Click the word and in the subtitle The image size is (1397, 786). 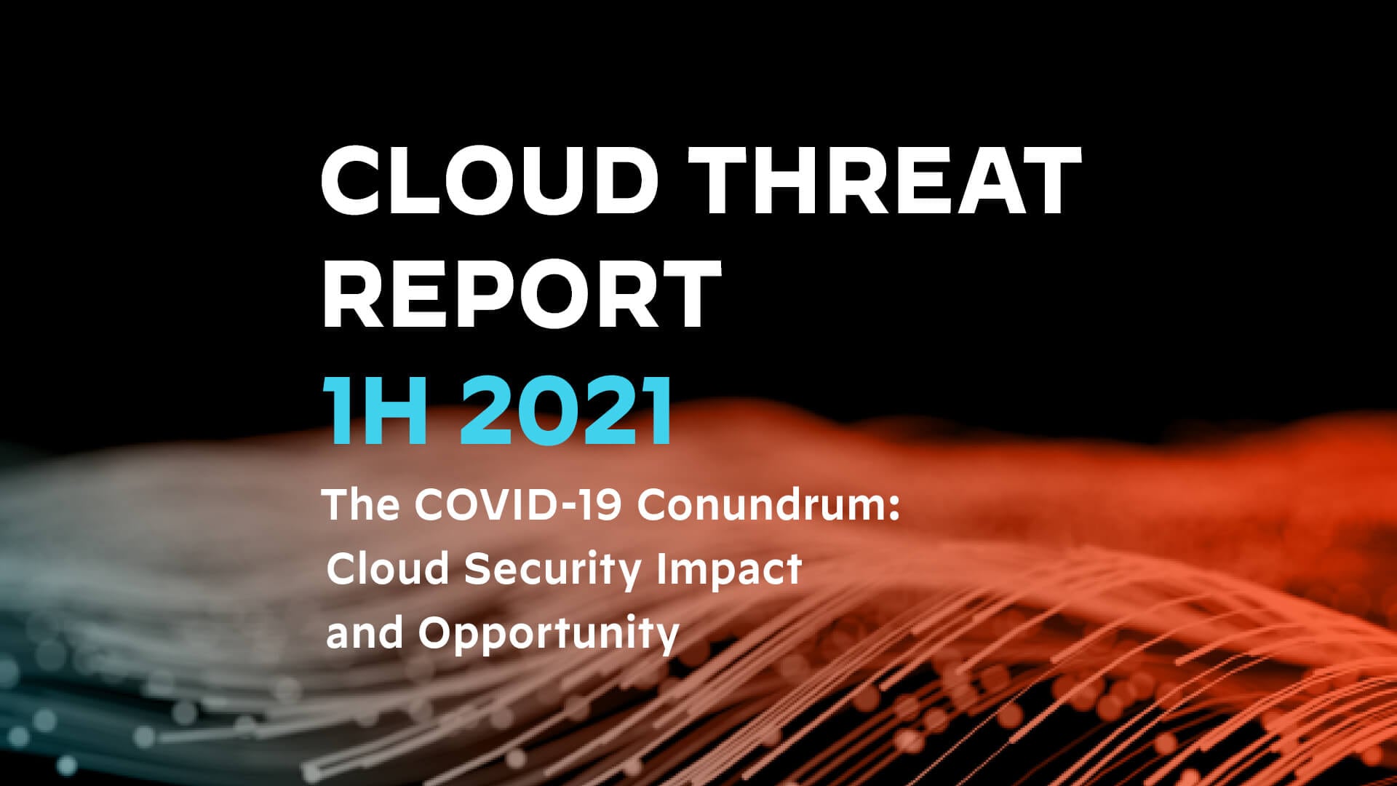pyautogui.click(x=364, y=632)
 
